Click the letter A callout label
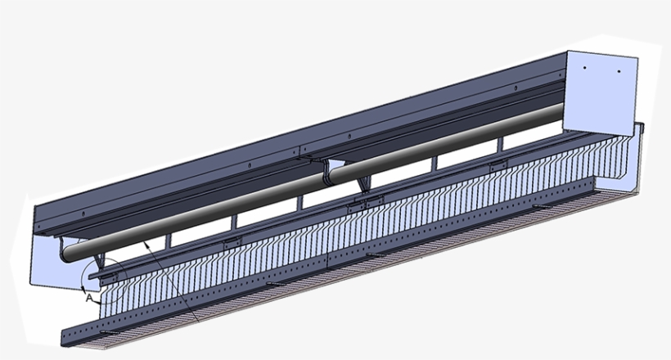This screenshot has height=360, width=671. pyautogui.click(x=88, y=299)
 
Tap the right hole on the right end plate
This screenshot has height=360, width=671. pyautogui.click(x=619, y=72)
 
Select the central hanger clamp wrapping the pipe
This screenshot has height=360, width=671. pyautogui.click(x=331, y=171)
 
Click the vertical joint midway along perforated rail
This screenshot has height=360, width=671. pyautogui.click(x=327, y=266)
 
